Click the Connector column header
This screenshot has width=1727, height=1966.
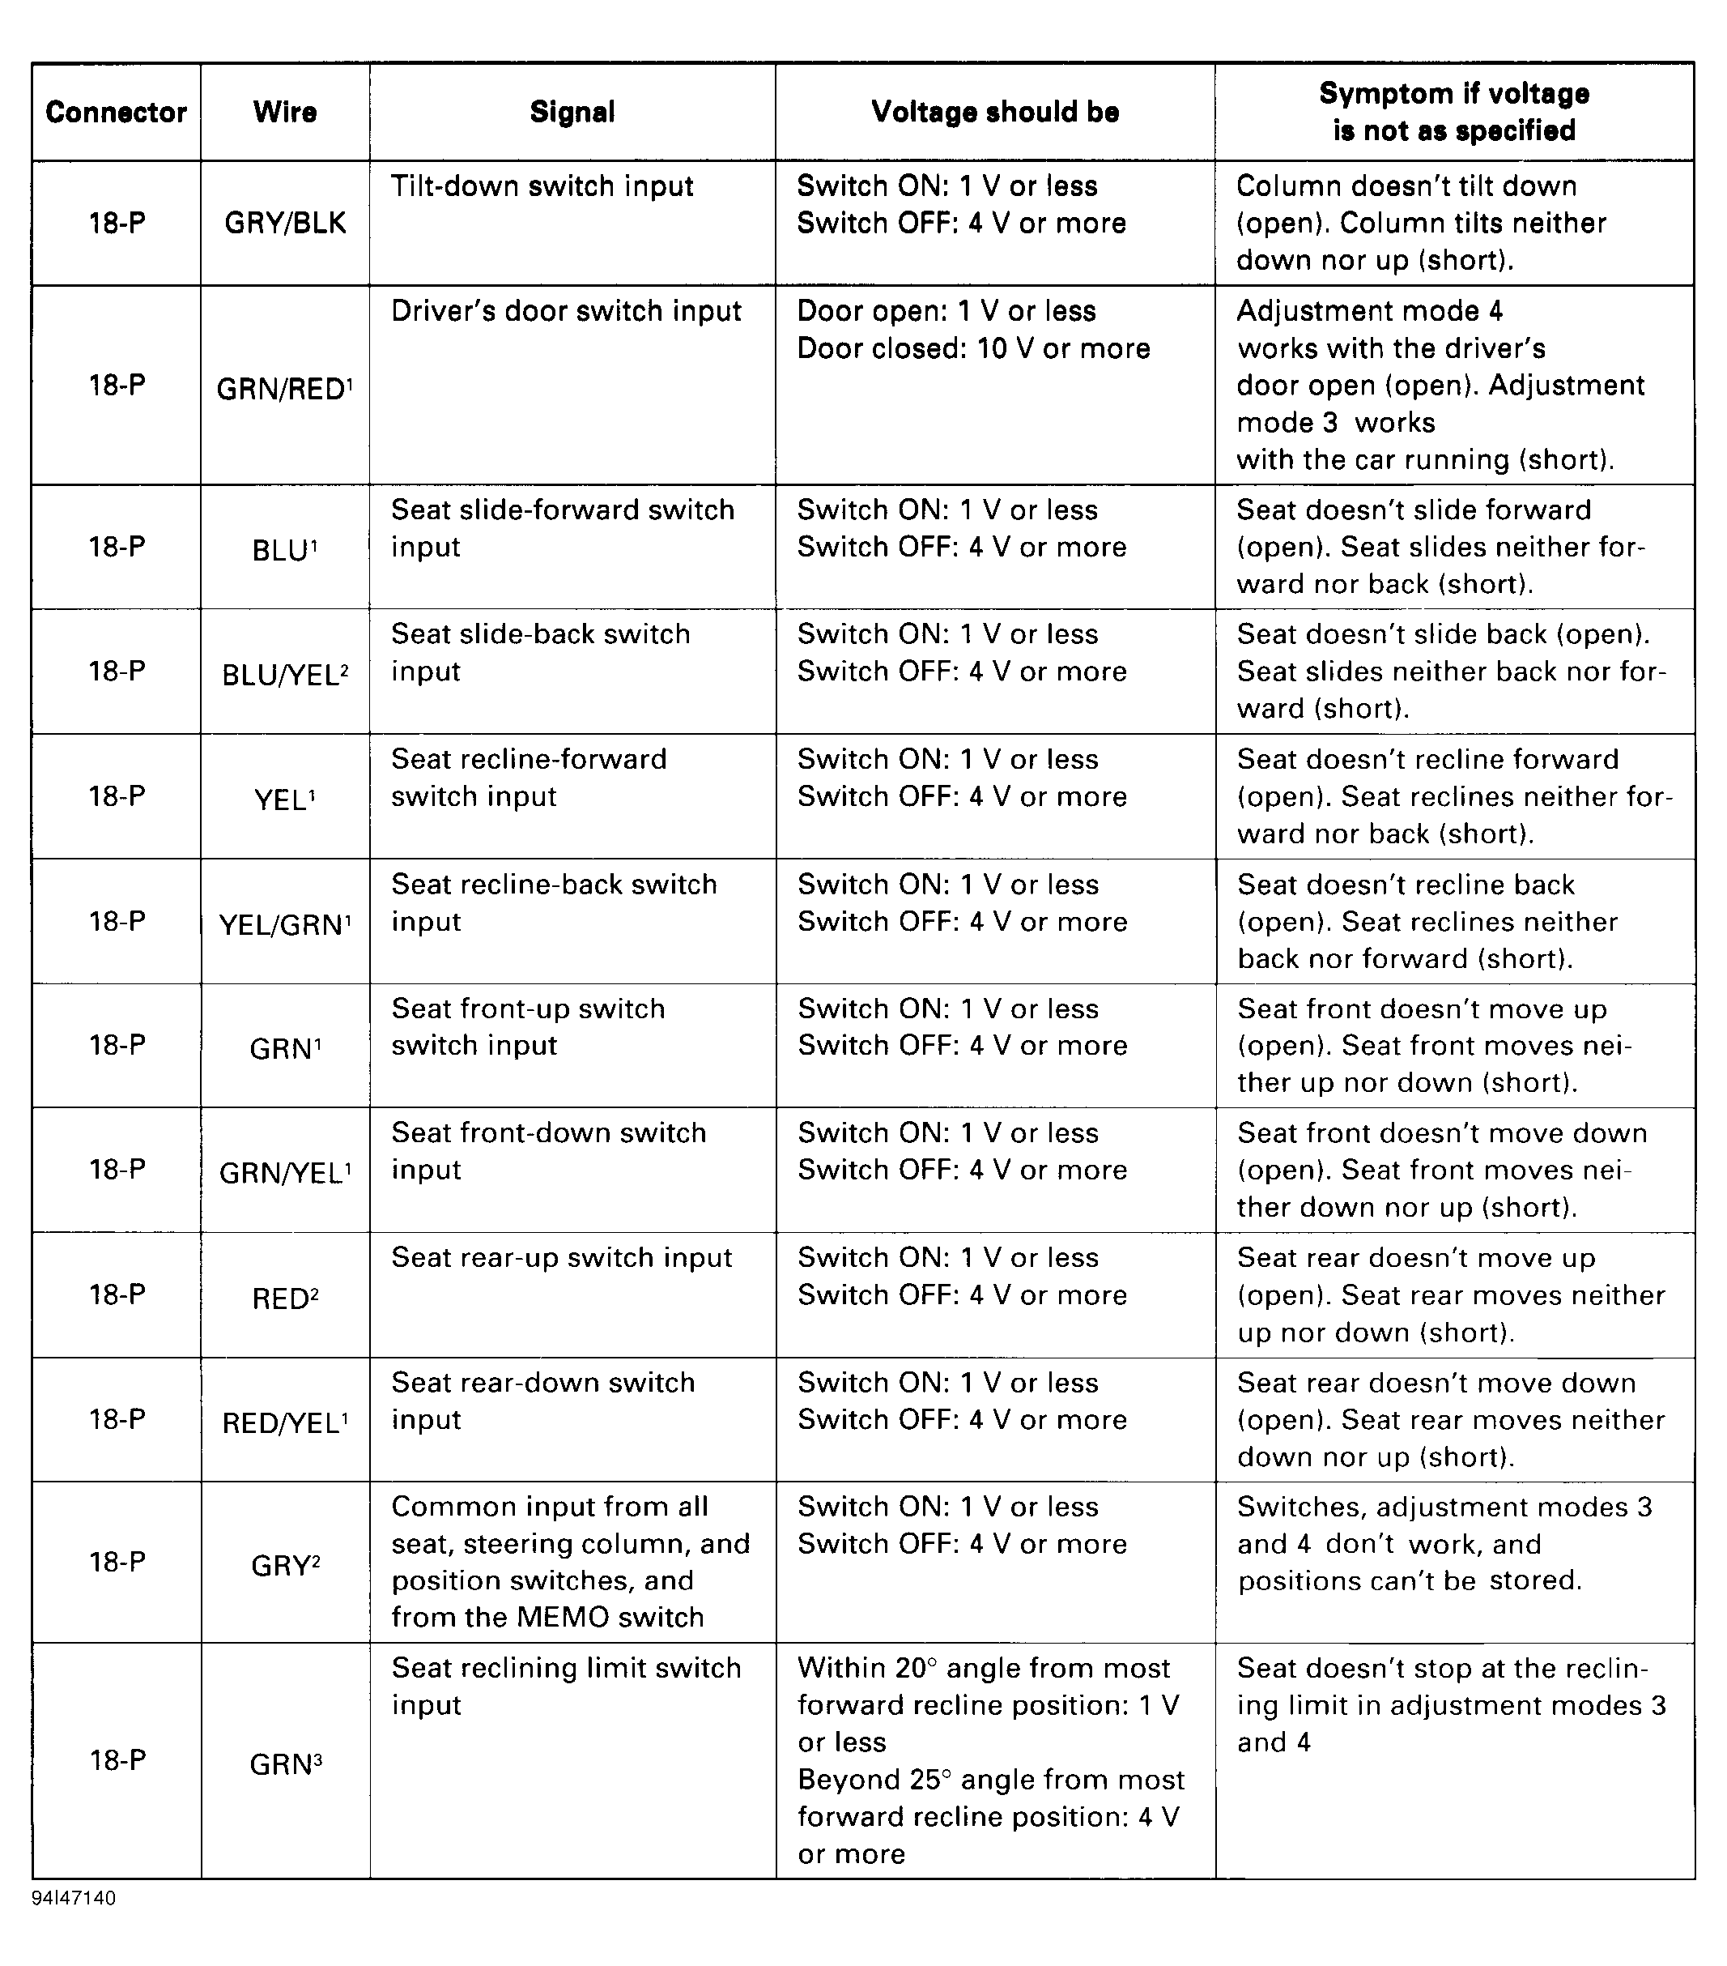[116, 113]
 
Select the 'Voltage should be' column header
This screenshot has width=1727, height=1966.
[994, 113]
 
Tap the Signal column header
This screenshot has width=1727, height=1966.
[572, 113]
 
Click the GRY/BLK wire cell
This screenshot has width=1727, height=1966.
[285, 223]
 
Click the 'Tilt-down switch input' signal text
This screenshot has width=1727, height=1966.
[542, 186]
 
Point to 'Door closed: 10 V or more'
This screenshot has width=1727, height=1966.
[973, 348]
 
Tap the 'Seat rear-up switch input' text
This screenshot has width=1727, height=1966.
[562, 1258]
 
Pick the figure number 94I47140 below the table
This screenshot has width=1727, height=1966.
[73, 1899]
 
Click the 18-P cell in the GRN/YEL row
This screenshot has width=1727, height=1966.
[117, 1170]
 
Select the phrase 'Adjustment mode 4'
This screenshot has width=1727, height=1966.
[1369, 312]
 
